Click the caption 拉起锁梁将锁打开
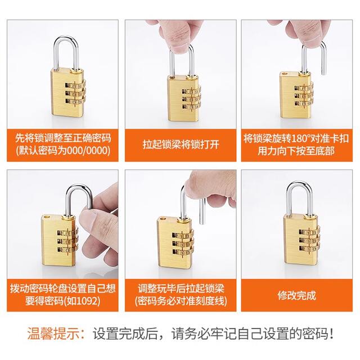click(x=181, y=145)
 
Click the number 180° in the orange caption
click(x=301, y=138)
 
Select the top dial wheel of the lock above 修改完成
click(x=309, y=232)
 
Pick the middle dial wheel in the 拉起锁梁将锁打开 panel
click(x=191, y=99)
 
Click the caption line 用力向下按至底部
click(x=296, y=151)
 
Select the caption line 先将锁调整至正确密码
click(x=63, y=138)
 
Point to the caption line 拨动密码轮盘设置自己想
click(x=62, y=289)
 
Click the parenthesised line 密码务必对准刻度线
click(x=181, y=301)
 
